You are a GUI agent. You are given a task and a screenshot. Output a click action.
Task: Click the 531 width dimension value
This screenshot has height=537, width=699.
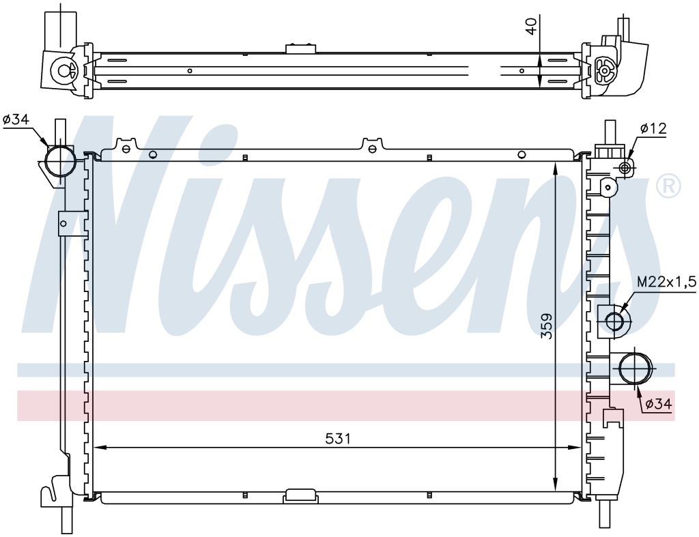coord(338,439)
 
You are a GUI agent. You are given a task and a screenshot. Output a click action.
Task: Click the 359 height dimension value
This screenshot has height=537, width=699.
coord(547,326)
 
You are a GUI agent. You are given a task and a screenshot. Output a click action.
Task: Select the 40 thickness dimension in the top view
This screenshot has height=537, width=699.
coord(530,25)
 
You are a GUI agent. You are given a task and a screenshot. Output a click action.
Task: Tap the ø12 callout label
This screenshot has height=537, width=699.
coord(653,128)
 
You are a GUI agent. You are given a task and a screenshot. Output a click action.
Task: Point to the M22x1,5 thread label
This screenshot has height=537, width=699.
coord(666,282)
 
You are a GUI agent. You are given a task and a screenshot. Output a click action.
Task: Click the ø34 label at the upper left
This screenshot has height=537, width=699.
coord(16,119)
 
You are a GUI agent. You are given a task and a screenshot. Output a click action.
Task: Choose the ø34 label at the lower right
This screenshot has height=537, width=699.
coord(658,404)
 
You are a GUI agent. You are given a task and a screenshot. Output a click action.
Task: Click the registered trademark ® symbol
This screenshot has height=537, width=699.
coord(669,186)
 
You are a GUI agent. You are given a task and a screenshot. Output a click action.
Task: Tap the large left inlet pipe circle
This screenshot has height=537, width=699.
coord(61,161)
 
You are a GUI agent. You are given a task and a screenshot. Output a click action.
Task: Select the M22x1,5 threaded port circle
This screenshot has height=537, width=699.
coord(614,321)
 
